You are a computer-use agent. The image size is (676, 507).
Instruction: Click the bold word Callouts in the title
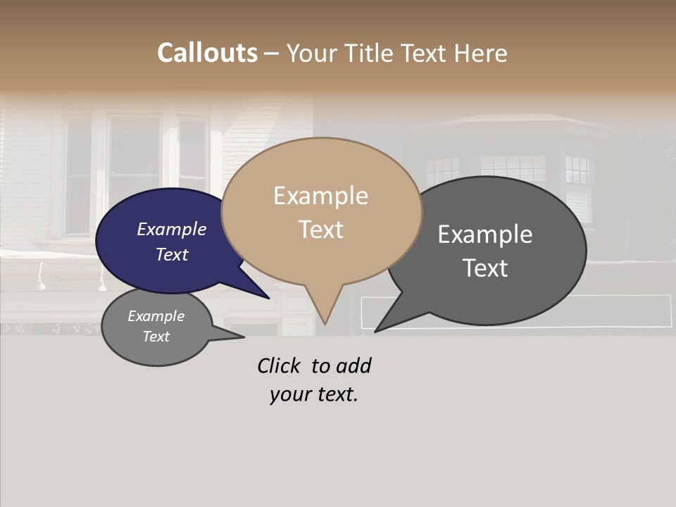coord(207,53)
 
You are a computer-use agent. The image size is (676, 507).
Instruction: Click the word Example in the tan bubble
coord(320,196)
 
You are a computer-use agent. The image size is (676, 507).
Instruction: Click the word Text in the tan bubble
coord(320,230)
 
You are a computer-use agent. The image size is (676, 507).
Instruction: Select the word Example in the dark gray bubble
coord(485,234)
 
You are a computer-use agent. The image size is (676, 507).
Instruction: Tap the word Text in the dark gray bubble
coord(485,268)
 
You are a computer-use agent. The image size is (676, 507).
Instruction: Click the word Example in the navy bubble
coord(171,229)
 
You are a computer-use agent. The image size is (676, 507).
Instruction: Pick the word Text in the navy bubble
coord(171,254)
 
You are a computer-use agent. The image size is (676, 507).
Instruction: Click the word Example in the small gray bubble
coord(156,316)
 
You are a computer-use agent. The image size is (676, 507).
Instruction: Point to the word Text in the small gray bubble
coord(156,337)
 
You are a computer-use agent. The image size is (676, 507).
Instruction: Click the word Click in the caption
coord(278,365)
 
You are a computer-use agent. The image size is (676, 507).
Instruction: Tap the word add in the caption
coord(353,365)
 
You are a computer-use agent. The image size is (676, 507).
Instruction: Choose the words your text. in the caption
coord(313,394)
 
